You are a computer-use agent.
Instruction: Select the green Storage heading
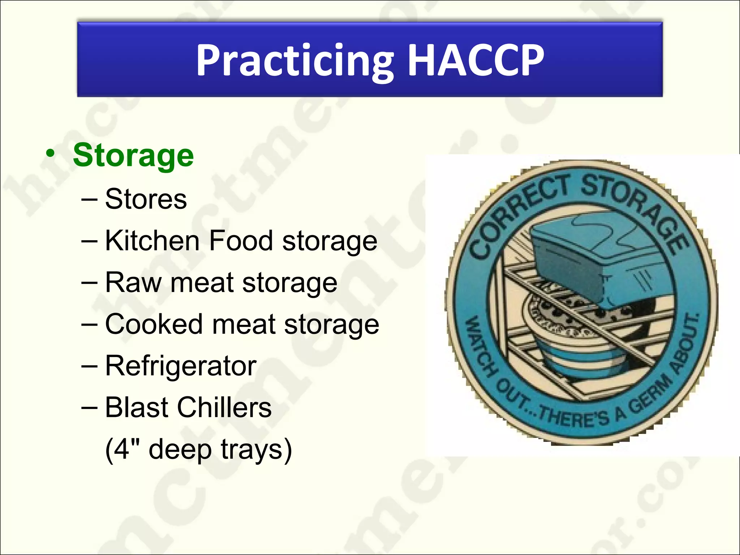click(133, 155)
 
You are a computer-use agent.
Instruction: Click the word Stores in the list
click(146, 199)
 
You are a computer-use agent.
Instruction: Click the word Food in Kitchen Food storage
click(241, 241)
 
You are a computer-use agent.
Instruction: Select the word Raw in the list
click(133, 282)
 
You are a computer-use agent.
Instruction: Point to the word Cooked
click(154, 324)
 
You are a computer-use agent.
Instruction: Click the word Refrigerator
click(181, 366)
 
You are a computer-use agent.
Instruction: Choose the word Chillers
click(224, 407)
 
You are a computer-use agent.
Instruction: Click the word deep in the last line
click(180, 450)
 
